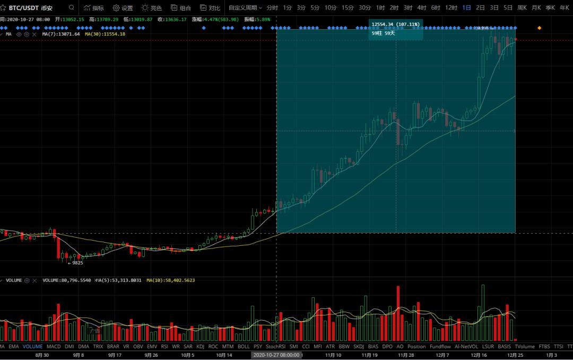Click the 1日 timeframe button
pyautogui.click(x=466, y=8)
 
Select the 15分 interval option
pyautogui.click(x=348, y=8)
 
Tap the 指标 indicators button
pyautogui.click(x=93, y=8)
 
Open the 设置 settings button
pyautogui.click(x=123, y=8)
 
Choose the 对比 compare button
pyautogui.click(x=210, y=8)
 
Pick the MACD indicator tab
pyautogui.click(x=54, y=347)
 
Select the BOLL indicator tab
pyautogui.click(x=244, y=347)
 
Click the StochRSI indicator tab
pyautogui.click(x=275, y=347)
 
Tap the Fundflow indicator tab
pyautogui.click(x=440, y=347)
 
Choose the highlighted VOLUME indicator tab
pyautogui.click(x=33, y=347)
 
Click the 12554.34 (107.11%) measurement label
pyautogui.click(x=395, y=24)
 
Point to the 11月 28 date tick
pyautogui.click(x=406, y=355)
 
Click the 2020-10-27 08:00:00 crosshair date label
pyautogui.click(x=276, y=355)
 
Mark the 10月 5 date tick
pyautogui.click(x=188, y=355)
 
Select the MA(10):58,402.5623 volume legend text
pyautogui.click(x=170, y=280)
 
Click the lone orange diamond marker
pyautogui.click(x=540, y=28)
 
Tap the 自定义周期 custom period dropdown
pyautogui.click(x=245, y=8)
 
